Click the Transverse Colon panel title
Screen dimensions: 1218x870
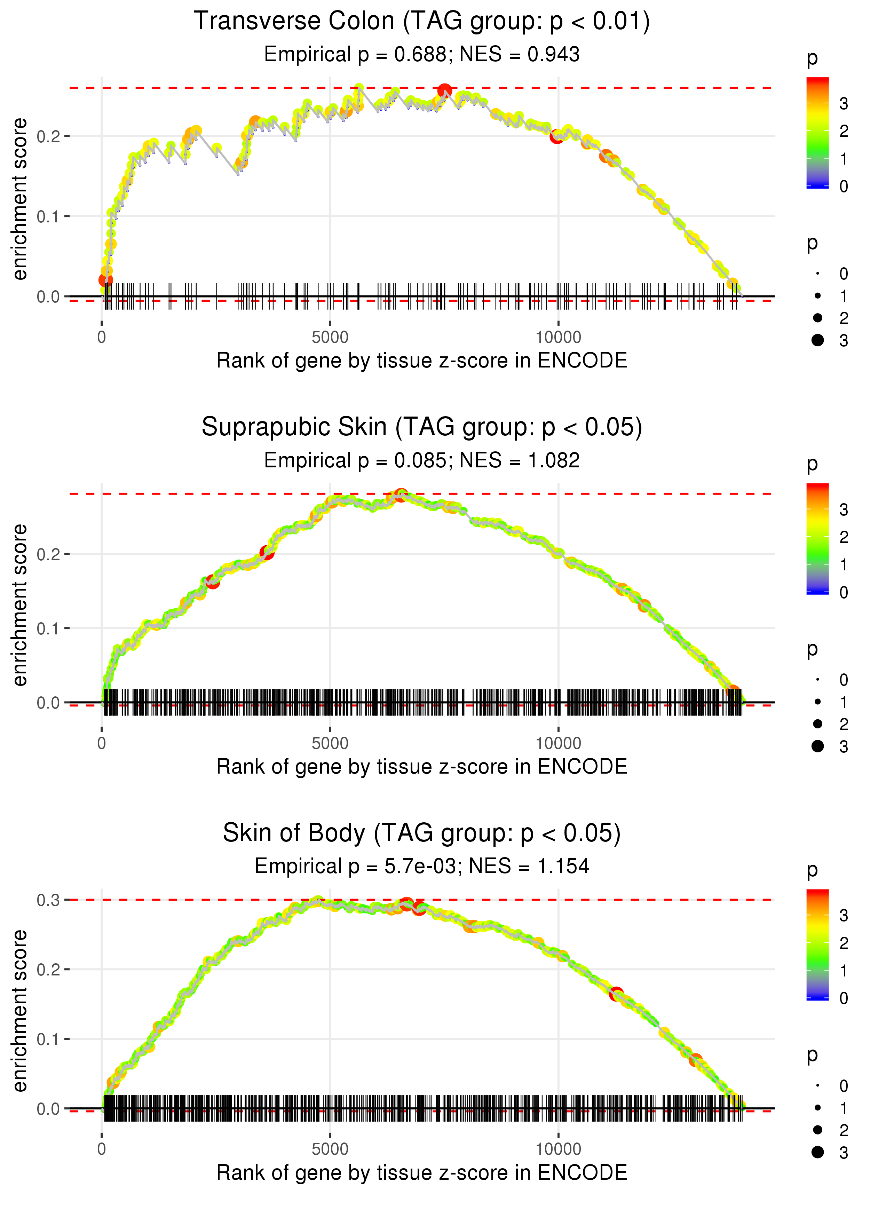coord(422,22)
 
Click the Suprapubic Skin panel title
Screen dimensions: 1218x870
coord(422,427)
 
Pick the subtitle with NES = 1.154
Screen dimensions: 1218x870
coord(422,866)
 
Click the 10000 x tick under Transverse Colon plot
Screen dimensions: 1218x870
coord(558,338)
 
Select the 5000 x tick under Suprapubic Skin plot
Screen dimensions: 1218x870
coord(330,743)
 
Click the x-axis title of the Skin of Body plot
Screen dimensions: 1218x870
coord(422,1172)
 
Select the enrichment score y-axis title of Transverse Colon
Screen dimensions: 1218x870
coord(20,199)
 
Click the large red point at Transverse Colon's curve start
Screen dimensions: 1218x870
coord(105,279)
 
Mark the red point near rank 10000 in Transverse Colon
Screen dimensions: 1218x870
coord(556,136)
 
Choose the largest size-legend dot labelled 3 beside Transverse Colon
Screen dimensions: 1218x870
coord(817,340)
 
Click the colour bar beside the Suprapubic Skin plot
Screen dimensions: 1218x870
coord(817,538)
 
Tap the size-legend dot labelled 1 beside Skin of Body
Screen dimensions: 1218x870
coord(817,1108)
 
